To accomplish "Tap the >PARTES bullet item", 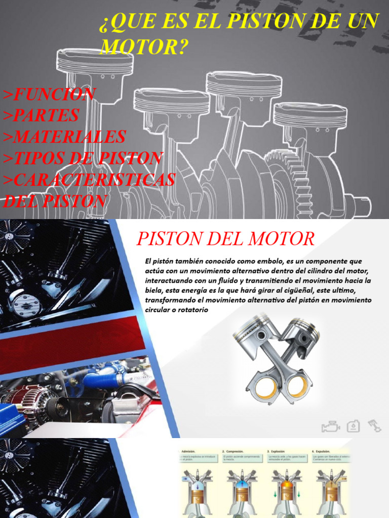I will pyautogui.click(x=41, y=115).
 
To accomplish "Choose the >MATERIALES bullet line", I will pyautogui.click(x=64, y=137).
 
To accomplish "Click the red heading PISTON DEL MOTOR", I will pyautogui.click(x=226, y=238).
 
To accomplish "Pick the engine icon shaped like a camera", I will pyautogui.click(x=330, y=427).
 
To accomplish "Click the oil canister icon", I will pyautogui.click(x=353, y=426).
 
